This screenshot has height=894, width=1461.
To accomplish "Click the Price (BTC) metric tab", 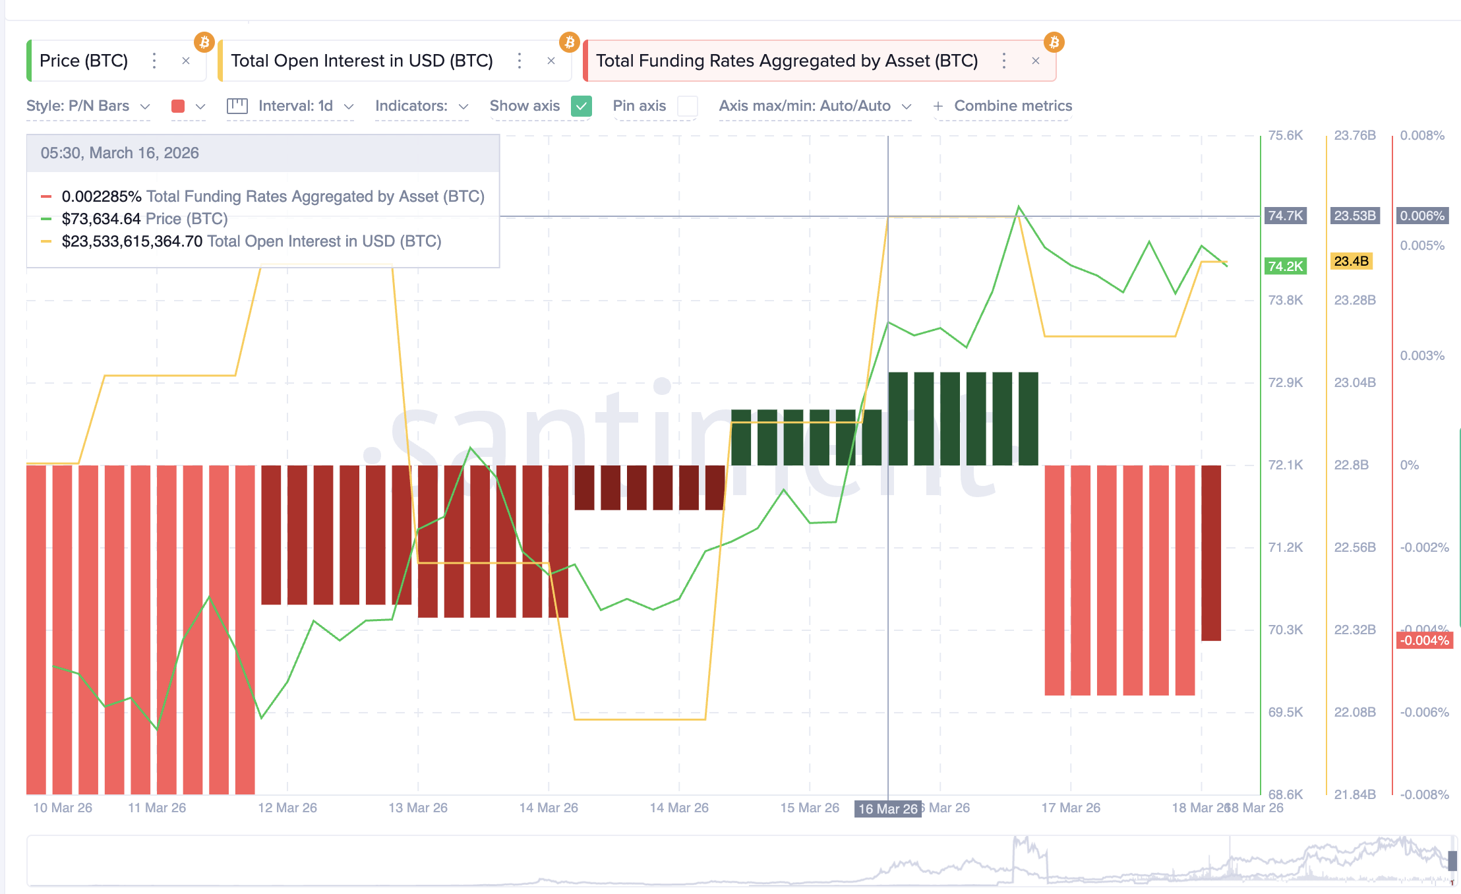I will tap(84, 61).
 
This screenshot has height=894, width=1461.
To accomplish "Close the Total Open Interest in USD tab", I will tap(551, 61).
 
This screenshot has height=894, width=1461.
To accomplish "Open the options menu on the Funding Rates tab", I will tap(1003, 61).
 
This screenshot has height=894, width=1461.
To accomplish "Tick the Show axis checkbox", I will tap(581, 106).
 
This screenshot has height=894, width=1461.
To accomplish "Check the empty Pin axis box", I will tap(688, 106).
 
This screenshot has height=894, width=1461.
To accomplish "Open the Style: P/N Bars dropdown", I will tap(88, 106).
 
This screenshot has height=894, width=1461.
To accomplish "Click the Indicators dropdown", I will tap(421, 106).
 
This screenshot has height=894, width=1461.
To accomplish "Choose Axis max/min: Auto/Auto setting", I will tap(814, 106).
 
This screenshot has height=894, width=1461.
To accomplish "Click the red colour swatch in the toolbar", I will tap(178, 106).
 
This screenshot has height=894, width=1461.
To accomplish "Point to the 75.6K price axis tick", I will tap(1285, 136).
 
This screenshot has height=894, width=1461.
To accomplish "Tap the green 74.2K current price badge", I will tap(1285, 266).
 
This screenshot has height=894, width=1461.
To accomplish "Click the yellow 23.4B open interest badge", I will tap(1351, 262).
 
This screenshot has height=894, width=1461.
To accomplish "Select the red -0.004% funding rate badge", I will tap(1424, 640).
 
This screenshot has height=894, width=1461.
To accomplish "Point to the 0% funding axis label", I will tap(1409, 465).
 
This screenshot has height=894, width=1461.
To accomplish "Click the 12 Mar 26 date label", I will tap(287, 808).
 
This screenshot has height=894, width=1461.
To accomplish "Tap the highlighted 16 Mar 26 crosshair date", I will tap(887, 809).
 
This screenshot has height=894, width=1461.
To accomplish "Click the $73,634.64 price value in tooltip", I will tap(101, 219).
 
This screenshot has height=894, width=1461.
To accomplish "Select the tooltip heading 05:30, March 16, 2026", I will tap(119, 153).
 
